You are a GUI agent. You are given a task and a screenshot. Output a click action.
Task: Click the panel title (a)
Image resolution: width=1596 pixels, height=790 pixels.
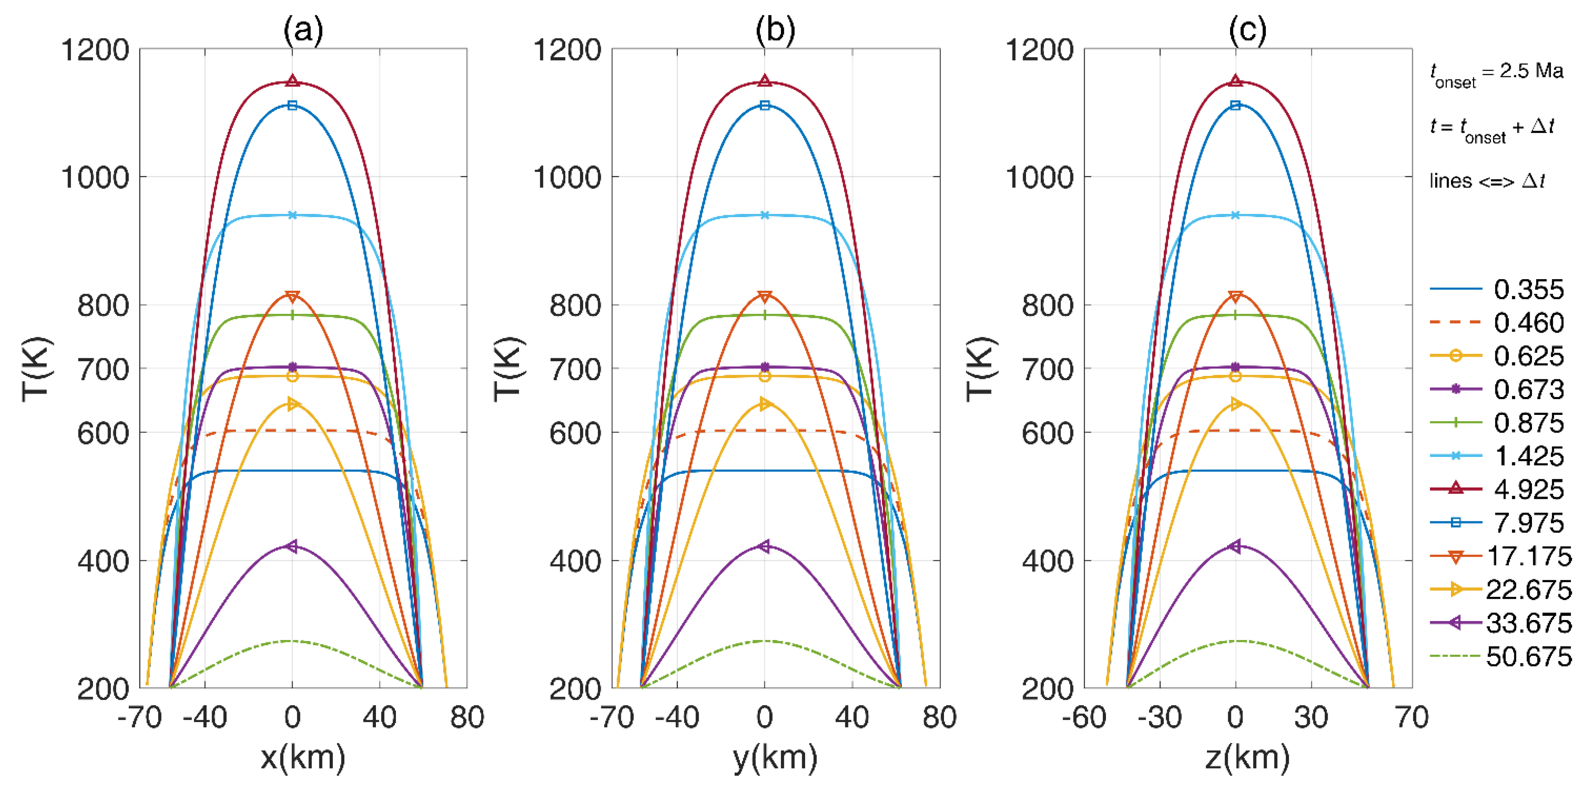[303, 29]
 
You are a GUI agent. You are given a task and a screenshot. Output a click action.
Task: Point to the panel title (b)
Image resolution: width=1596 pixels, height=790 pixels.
[775, 29]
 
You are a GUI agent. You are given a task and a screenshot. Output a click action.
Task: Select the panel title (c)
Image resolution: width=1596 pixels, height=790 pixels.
[1247, 29]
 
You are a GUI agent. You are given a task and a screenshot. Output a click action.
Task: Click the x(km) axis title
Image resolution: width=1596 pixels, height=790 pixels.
[303, 757]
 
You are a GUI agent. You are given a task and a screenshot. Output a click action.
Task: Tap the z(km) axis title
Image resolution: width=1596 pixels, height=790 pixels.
[1247, 757]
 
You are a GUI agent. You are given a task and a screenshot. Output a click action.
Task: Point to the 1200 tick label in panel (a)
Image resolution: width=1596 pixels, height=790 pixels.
[95, 50]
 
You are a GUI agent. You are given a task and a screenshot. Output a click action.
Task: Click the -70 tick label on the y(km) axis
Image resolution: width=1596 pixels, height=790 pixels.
[612, 718]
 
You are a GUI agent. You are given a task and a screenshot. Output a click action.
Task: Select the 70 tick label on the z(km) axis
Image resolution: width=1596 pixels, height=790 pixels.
[1412, 718]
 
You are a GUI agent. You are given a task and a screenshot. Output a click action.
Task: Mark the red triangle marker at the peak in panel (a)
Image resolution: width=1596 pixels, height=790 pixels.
[292, 81]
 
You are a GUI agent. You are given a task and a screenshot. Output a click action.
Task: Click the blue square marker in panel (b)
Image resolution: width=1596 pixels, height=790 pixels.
[765, 105]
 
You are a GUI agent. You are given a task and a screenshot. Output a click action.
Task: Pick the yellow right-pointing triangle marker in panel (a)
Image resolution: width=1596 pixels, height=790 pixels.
[292, 404]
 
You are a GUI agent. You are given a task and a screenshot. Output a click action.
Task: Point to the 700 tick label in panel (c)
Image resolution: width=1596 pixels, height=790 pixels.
[1047, 369]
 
